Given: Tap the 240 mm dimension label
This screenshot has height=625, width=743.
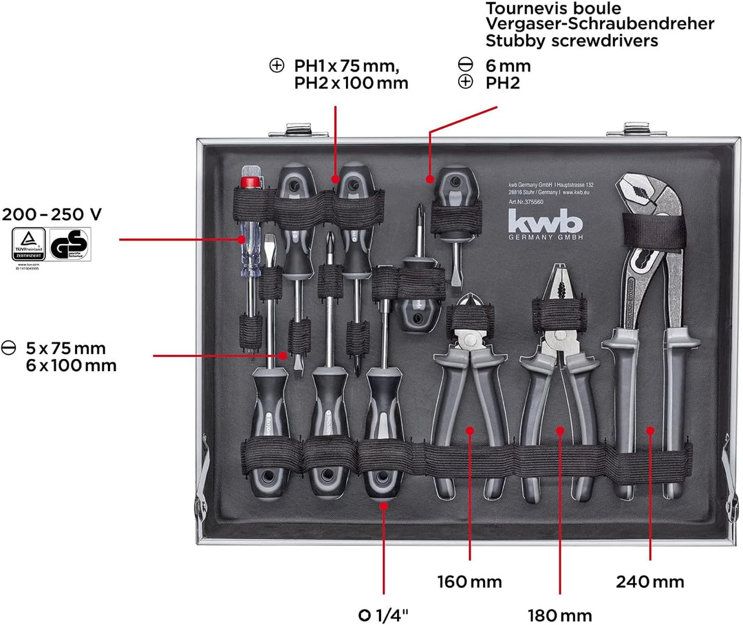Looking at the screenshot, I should tap(649, 582).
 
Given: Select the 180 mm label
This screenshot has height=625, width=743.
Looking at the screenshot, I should tap(560, 614).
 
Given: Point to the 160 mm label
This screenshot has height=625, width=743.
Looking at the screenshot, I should tap(469, 582).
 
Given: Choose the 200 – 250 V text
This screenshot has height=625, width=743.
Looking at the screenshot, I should tap(51, 215).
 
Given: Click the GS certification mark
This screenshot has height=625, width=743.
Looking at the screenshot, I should tap(69, 245).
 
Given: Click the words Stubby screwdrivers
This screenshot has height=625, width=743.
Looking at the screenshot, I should tap(571, 41).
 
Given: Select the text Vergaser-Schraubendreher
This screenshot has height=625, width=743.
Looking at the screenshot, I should tap(600, 24).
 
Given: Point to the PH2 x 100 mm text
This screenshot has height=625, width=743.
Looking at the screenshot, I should tap(351, 83).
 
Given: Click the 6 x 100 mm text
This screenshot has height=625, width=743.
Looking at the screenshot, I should tap(67, 365).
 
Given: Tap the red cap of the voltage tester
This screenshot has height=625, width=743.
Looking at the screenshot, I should tap(250, 181).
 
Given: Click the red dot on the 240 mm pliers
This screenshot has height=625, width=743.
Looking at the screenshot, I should tap(649, 430).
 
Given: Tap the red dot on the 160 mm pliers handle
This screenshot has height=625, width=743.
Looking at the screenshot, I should tap(470, 430).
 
